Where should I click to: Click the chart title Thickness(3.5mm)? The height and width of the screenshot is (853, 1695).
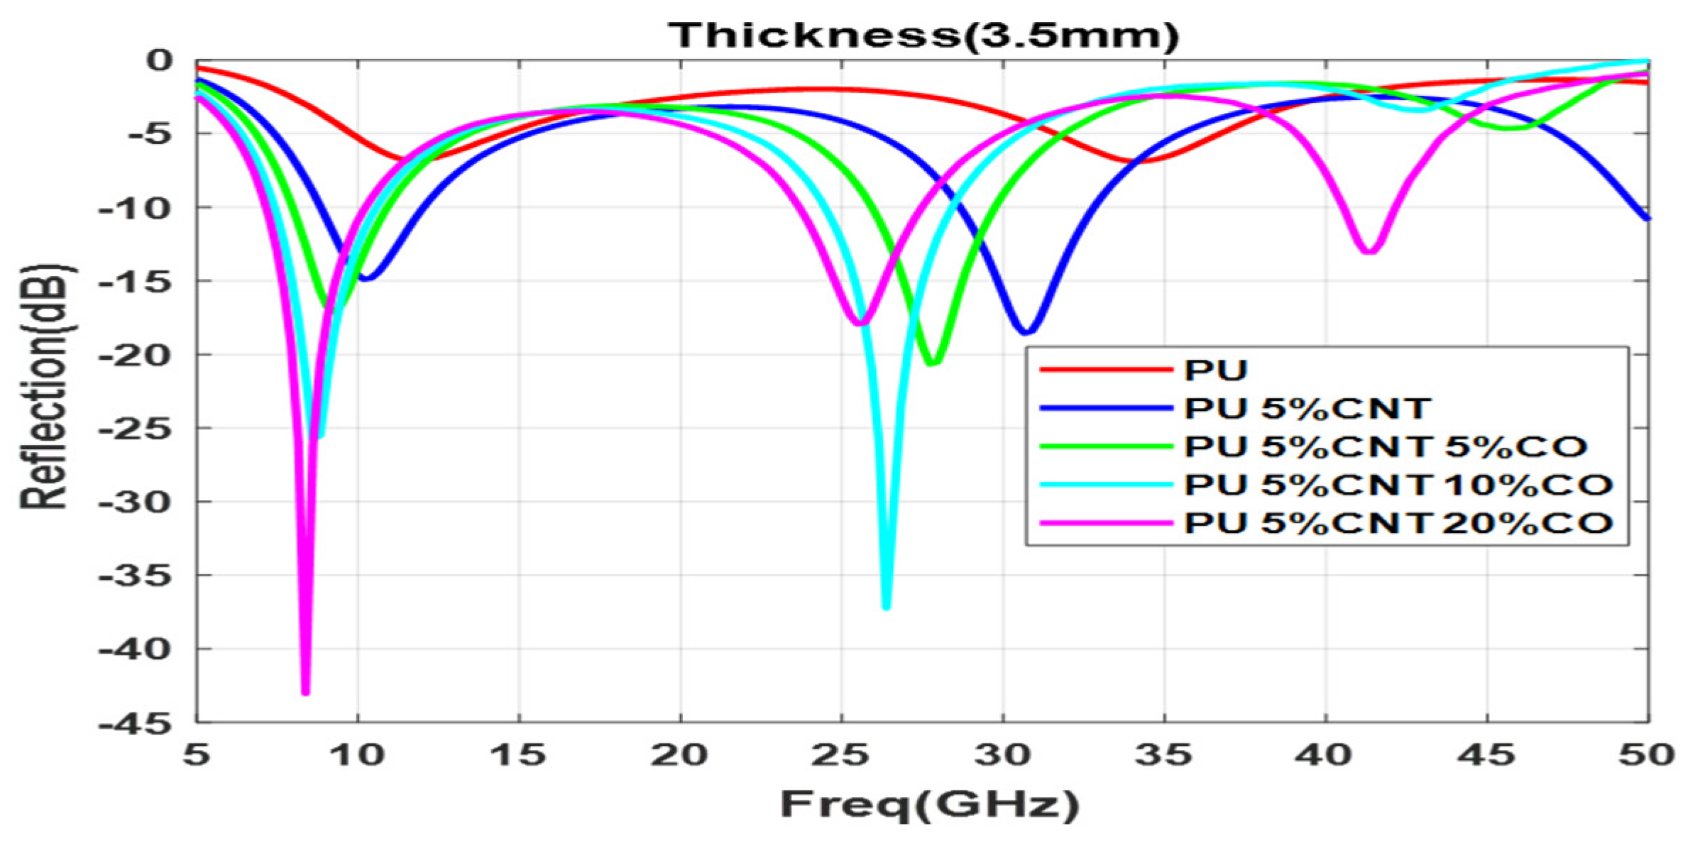point(923,35)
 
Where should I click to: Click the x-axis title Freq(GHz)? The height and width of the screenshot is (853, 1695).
point(930,804)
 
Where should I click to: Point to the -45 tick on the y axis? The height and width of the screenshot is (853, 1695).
point(135,724)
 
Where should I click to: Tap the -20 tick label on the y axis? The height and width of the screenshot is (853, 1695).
point(135,355)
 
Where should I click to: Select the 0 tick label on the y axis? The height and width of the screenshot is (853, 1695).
point(159,61)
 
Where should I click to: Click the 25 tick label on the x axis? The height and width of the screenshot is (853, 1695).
point(841,755)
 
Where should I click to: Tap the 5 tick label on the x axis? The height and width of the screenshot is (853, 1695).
point(197,755)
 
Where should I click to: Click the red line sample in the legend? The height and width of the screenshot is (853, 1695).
point(1105,370)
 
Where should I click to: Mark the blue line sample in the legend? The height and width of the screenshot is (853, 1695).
point(1105,408)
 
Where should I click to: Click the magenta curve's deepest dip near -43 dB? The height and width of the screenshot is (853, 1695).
point(305,691)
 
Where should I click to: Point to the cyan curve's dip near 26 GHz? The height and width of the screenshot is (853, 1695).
point(886,605)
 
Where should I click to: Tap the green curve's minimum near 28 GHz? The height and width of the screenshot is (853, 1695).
point(933,363)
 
